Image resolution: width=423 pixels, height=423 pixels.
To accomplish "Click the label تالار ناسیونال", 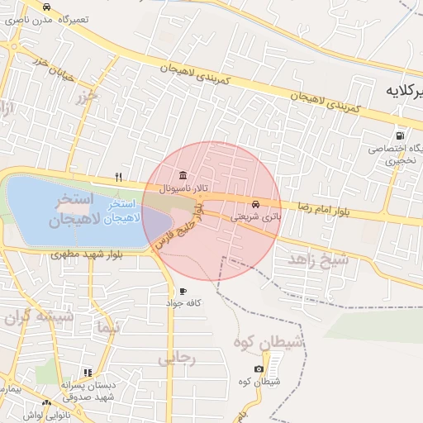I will coord(183,188).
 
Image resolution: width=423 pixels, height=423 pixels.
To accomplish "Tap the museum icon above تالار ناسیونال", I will coord(182,176).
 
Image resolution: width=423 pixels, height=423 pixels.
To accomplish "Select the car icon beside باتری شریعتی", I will coord(255,205).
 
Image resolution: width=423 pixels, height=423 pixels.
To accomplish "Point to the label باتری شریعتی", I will coord(261,217).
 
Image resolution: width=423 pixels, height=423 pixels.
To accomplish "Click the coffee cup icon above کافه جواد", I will coord(183,292).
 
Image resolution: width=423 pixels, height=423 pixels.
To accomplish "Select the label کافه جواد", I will coord(183,303).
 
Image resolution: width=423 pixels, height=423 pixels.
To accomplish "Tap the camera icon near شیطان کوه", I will coord(259,368).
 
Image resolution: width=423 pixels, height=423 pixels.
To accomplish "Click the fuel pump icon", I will coord(401,135).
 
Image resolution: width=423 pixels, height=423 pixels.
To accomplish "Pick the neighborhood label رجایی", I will coord(175,358).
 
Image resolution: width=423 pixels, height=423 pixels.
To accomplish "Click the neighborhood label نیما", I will coord(108,326).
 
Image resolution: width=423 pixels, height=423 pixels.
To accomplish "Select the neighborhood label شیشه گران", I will coord(38,317).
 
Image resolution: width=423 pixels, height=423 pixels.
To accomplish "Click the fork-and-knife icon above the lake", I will coord(118,177).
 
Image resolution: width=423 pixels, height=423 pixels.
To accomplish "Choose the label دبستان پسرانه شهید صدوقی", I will coord(88,391).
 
